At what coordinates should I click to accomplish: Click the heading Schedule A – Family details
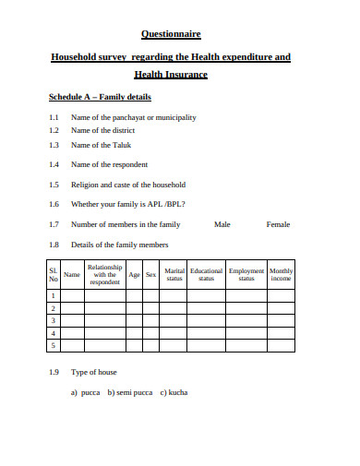100,97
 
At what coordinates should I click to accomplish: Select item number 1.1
54,117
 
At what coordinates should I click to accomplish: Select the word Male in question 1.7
222,224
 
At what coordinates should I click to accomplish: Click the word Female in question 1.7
278,224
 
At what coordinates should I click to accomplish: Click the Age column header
135,274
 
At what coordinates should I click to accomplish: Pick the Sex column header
150,274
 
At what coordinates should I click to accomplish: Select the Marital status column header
174,274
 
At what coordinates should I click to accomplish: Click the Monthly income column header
282,274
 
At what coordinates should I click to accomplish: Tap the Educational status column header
207,274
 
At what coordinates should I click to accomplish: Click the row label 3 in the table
54,320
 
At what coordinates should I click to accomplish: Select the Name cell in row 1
72,294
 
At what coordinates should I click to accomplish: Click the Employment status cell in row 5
246,346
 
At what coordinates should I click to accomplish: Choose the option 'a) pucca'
86,393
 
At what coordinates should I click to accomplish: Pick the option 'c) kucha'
174,393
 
